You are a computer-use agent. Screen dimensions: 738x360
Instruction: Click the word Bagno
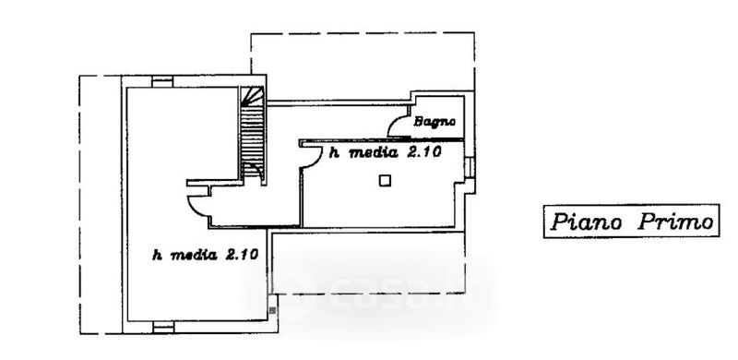pos(434,122)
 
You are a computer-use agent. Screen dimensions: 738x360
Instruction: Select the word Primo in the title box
pos(675,221)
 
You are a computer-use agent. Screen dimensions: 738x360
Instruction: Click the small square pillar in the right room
pos(385,181)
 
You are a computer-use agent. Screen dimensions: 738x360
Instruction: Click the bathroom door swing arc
pos(397,124)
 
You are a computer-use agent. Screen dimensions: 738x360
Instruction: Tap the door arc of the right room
pos(312,156)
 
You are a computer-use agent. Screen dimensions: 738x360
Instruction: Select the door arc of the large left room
pos(197,207)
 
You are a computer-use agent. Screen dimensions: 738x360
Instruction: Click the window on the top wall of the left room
pos(162,81)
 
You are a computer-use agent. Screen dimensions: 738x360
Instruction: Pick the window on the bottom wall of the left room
pos(164,327)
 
